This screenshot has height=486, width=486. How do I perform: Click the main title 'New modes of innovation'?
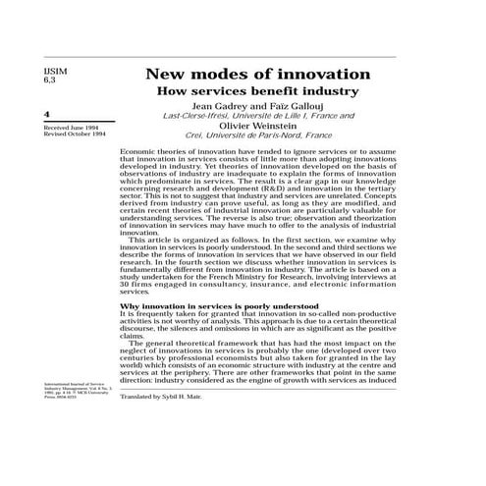point(257,75)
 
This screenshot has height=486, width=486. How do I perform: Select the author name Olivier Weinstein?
point(257,127)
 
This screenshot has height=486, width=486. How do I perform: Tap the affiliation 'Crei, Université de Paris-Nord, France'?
point(257,136)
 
